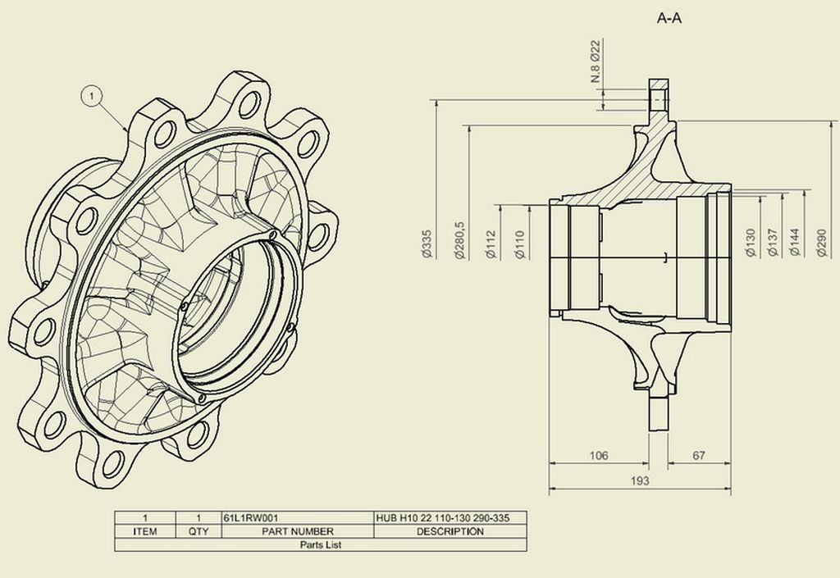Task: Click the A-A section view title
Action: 669,18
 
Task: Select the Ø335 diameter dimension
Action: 427,244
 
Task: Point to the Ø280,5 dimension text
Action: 459,241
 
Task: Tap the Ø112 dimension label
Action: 491,244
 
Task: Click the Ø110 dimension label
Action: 520,244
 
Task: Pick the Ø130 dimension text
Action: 750,243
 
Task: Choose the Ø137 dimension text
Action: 772,243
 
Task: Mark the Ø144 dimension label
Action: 794,243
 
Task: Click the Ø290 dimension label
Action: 823,243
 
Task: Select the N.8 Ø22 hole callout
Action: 596,61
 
